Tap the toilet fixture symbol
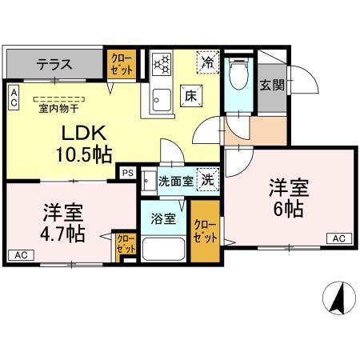(238, 76)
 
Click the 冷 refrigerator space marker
(207, 61)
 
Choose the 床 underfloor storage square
(193, 94)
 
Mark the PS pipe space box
(127, 171)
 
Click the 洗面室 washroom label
(174, 181)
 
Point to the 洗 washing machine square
(207, 181)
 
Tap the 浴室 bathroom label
(165, 219)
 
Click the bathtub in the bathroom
(164, 250)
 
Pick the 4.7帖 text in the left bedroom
(63, 235)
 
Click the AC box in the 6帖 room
(339, 238)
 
